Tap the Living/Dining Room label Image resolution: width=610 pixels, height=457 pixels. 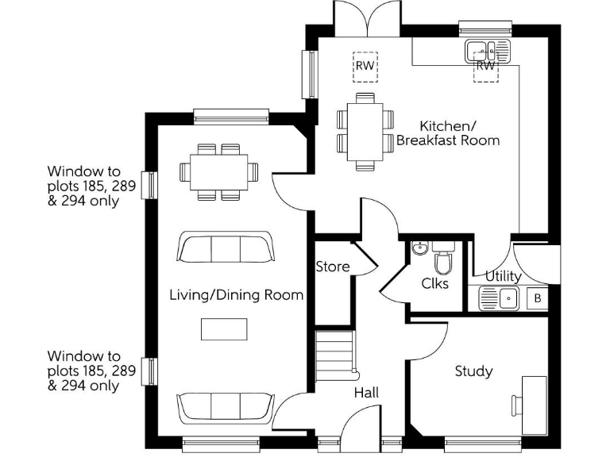point(237,295)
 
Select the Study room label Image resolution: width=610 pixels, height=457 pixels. point(473,371)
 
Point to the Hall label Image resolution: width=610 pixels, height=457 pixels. point(366,393)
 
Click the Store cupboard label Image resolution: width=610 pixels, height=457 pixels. point(332,267)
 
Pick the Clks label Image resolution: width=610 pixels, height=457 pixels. point(434,283)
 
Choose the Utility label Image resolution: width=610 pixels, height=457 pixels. point(503,276)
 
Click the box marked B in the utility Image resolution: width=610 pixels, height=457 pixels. point(538,299)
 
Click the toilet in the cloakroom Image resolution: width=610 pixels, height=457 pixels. point(443,260)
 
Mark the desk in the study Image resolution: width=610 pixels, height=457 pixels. point(534,404)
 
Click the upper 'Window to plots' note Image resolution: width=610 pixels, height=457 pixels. point(84,186)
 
